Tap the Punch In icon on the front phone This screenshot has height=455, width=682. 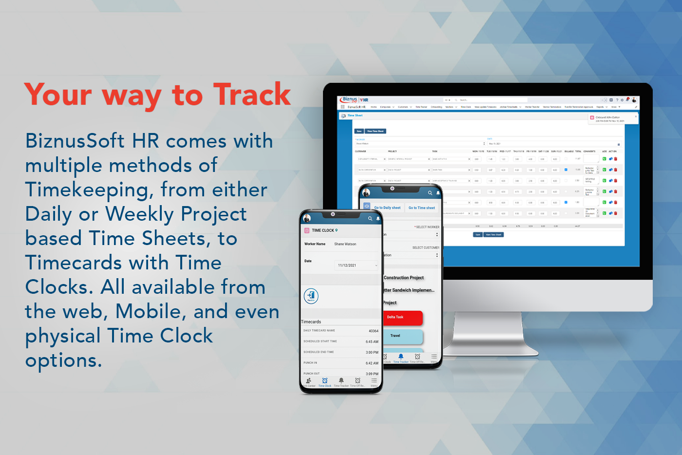pyautogui.click(x=311, y=296)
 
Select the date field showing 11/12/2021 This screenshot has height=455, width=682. pyautogui.click(x=357, y=265)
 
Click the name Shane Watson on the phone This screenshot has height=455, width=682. pyautogui.click(x=345, y=244)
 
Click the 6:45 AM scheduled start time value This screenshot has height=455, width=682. pyautogui.click(x=372, y=341)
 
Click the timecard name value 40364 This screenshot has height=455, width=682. pyautogui.click(x=373, y=331)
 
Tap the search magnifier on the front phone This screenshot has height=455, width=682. pyautogui.click(x=370, y=219)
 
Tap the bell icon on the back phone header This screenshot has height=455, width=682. pyautogui.click(x=437, y=193)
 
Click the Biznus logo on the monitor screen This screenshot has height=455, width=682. pyautogui.click(x=350, y=99)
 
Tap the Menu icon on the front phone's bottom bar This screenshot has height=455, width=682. pyautogui.click(x=374, y=381)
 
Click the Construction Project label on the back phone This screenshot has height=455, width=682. pyautogui.click(x=404, y=278)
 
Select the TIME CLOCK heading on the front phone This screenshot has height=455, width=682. pyautogui.click(x=323, y=230)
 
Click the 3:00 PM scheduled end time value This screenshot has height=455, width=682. pyautogui.click(x=372, y=352)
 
